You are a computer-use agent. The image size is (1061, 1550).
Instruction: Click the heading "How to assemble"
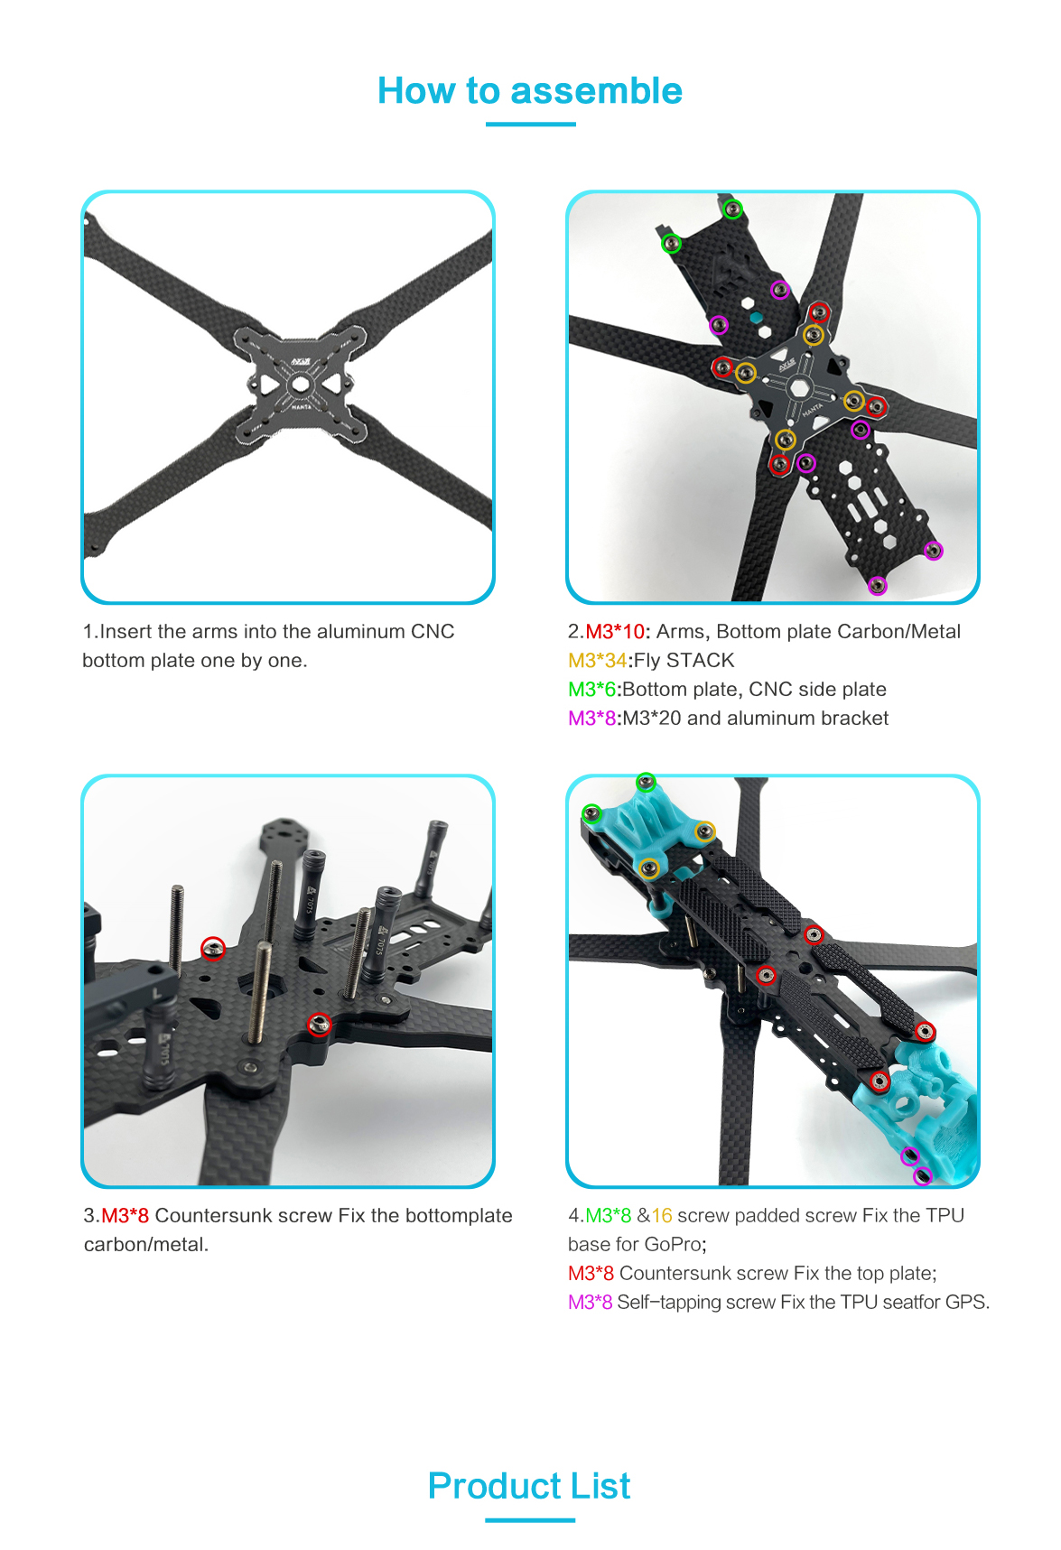click(530, 91)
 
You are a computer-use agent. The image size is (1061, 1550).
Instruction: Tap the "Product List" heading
click(529, 1486)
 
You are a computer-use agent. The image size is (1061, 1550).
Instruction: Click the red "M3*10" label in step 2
click(616, 632)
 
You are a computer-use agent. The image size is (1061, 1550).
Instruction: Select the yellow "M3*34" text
click(597, 661)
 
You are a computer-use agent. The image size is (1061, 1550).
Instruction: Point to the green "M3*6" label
click(591, 690)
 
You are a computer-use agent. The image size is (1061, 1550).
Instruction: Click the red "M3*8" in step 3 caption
click(126, 1216)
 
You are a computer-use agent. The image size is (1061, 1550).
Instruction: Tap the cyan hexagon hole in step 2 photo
click(757, 318)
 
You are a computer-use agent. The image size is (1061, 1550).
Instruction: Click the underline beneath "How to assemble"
click(530, 125)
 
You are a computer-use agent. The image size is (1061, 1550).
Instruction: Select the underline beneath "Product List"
click(529, 1520)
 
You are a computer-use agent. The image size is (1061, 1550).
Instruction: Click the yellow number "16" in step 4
click(662, 1216)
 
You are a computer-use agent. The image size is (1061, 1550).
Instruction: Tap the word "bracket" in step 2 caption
click(854, 719)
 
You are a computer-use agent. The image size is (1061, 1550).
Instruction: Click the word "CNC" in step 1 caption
click(433, 632)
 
